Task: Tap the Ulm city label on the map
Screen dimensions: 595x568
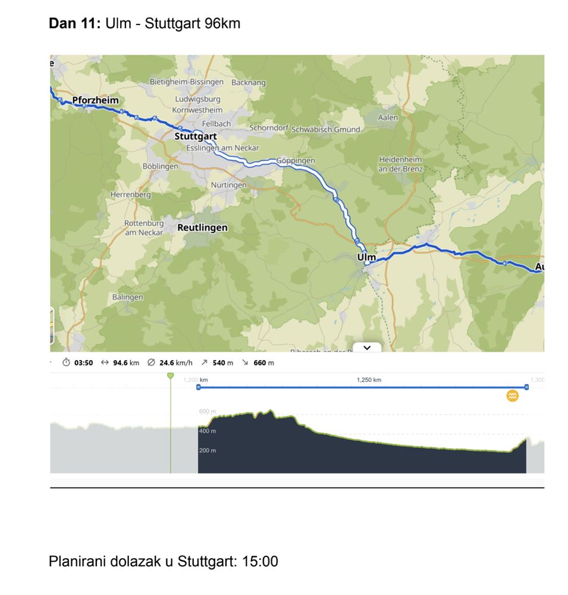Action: click(x=366, y=257)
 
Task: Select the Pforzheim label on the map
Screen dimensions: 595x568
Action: click(x=95, y=100)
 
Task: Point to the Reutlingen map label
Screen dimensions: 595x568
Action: click(x=202, y=227)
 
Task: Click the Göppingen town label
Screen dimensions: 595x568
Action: click(x=296, y=161)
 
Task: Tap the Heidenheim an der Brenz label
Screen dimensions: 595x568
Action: click(x=400, y=164)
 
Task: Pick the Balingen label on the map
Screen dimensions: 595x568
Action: click(x=127, y=297)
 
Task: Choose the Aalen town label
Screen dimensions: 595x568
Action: click(x=388, y=117)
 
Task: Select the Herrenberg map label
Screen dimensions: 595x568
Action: click(x=130, y=195)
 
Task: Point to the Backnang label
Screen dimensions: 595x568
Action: click(x=248, y=83)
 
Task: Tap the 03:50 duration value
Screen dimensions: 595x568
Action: click(x=83, y=362)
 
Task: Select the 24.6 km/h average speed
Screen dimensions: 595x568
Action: click(x=175, y=362)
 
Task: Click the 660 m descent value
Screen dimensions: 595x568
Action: click(x=263, y=362)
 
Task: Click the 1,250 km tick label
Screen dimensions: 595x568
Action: click(x=369, y=380)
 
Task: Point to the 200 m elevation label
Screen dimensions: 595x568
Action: click(x=208, y=450)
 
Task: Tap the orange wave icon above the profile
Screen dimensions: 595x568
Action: click(x=512, y=396)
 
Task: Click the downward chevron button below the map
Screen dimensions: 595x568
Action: click(x=367, y=347)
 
